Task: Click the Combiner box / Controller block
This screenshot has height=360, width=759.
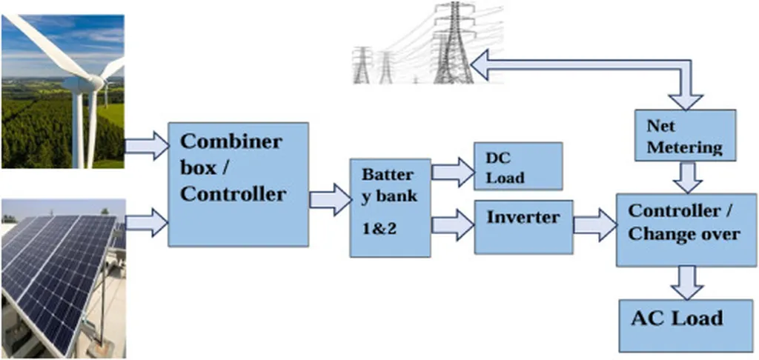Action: point(238,184)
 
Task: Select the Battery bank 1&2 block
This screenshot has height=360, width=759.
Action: point(390,207)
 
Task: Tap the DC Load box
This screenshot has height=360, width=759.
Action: point(518,166)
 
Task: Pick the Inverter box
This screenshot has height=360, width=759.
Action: point(523,227)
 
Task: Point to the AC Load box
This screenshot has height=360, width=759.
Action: point(677,324)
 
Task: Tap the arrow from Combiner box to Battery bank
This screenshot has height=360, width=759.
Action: point(330,199)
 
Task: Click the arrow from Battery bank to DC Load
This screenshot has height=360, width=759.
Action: point(452,172)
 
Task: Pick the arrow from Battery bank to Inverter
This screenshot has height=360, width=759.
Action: point(452,224)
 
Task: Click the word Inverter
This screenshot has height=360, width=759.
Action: point(523,218)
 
